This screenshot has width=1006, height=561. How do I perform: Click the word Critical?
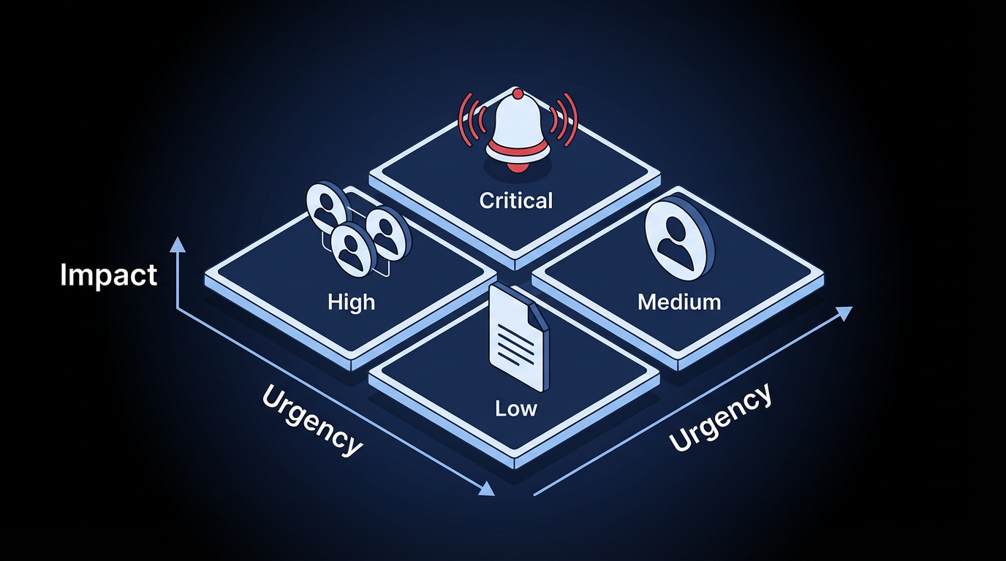point(516,200)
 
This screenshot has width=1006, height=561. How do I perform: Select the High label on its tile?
point(352,301)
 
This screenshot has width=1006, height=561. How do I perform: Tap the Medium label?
point(679,301)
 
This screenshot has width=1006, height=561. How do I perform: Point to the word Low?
point(516,408)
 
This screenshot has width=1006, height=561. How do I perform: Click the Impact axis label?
point(109,275)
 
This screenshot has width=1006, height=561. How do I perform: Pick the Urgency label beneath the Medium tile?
point(720,417)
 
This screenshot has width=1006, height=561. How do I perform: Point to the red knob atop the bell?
point(518,94)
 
